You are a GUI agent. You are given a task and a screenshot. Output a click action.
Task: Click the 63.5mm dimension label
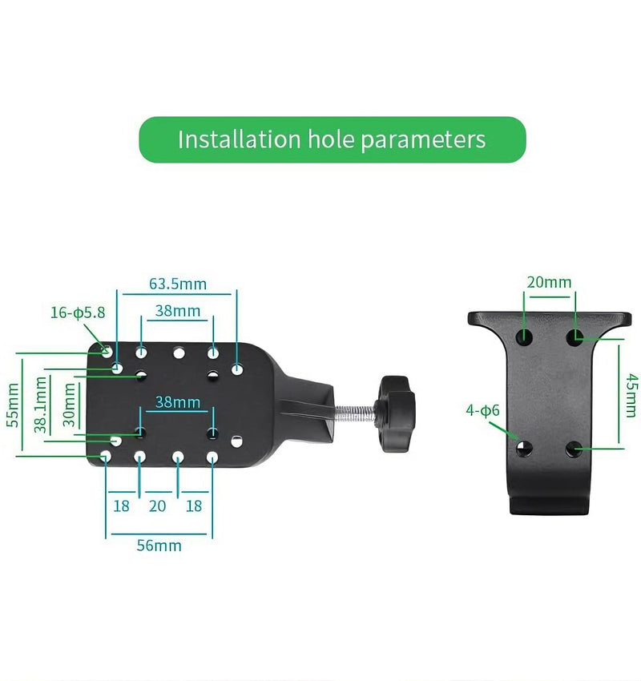(x=178, y=284)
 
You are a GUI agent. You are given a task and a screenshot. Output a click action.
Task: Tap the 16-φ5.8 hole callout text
(x=78, y=312)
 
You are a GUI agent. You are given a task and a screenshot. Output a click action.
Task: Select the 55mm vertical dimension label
(x=13, y=405)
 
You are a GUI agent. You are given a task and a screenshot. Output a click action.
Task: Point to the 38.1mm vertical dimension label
(x=40, y=405)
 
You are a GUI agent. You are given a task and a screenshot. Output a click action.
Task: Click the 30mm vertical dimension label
(x=69, y=405)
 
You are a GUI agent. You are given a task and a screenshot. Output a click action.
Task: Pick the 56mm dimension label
(x=159, y=546)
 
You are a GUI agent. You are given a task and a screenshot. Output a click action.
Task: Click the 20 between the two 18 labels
(x=157, y=506)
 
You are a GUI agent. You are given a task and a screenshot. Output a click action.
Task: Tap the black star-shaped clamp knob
(x=395, y=414)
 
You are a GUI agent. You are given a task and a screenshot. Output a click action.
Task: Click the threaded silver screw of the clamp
(x=354, y=413)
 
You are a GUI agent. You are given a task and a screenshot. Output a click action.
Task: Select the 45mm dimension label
(x=631, y=396)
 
